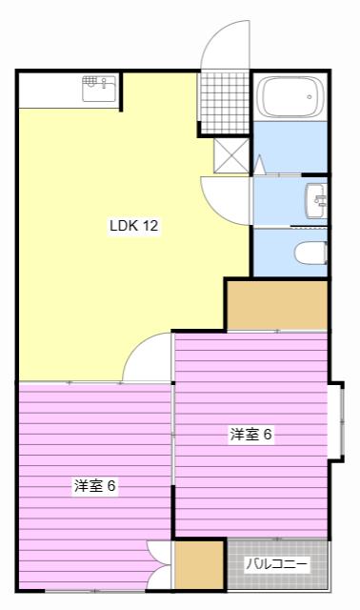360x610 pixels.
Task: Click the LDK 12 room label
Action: [x=134, y=225]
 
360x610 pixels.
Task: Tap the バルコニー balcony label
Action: [x=277, y=563]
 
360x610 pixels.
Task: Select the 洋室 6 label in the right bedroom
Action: [x=250, y=435]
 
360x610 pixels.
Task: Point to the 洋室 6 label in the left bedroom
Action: [x=95, y=485]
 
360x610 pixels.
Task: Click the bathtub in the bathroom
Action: [x=291, y=97]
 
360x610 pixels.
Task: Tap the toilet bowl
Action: [x=310, y=254]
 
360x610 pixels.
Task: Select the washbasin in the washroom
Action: [x=316, y=201]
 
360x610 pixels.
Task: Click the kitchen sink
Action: [x=99, y=89]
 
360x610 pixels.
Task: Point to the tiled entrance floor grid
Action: [x=223, y=102]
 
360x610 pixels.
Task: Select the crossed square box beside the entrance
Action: [x=231, y=155]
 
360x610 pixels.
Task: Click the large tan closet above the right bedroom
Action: [x=277, y=305]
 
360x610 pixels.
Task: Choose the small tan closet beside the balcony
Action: [x=199, y=565]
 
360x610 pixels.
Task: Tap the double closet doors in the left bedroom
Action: [x=159, y=565]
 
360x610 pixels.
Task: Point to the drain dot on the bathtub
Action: [x=310, y=96]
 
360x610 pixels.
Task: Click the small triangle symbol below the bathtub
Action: [x=260, y=165]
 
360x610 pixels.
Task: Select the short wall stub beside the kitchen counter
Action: [x=121, y=91]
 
